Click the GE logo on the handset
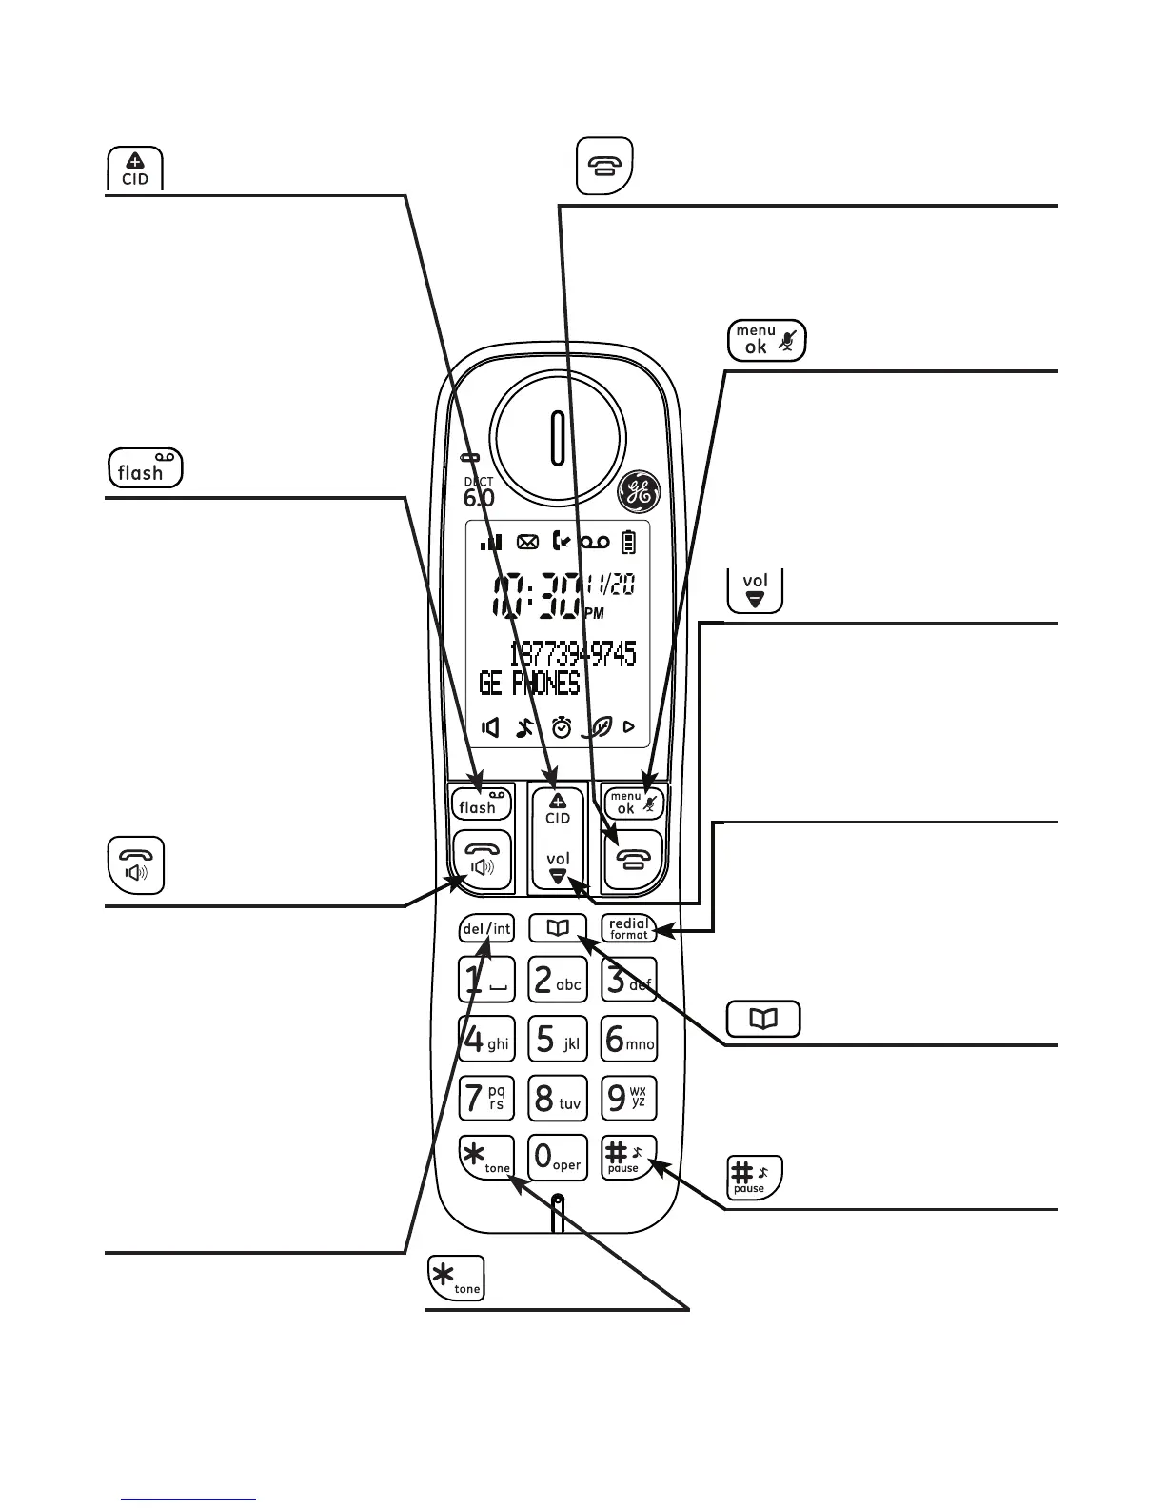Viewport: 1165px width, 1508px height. tap(637, 492)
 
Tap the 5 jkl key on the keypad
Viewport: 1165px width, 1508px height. tap(558, 1040)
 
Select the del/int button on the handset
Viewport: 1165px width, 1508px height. tap(486, 929)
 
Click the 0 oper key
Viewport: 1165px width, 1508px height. tap(558, 1158)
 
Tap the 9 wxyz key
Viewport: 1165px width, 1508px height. tap(629, 1098)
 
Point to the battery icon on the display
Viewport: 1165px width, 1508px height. tap(628, 543)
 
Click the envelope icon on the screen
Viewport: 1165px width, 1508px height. tap(527, 543)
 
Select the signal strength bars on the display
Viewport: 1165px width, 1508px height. tap(490, 543)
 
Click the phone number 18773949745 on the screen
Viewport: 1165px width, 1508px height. tap(573, 654)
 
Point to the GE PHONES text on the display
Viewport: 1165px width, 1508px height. tap(529, 684)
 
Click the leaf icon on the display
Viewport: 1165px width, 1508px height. tap(598, 728)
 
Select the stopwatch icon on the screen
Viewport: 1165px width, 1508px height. tap(562, 728)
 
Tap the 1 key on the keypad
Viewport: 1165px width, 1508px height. tap(486, 981)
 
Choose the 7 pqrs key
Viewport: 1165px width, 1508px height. tap(486, 1098)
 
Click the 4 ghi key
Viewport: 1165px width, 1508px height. tap(486, 1040)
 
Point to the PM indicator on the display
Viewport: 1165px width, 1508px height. tap(595, 614)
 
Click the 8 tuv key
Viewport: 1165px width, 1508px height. tap(558, 1098)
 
